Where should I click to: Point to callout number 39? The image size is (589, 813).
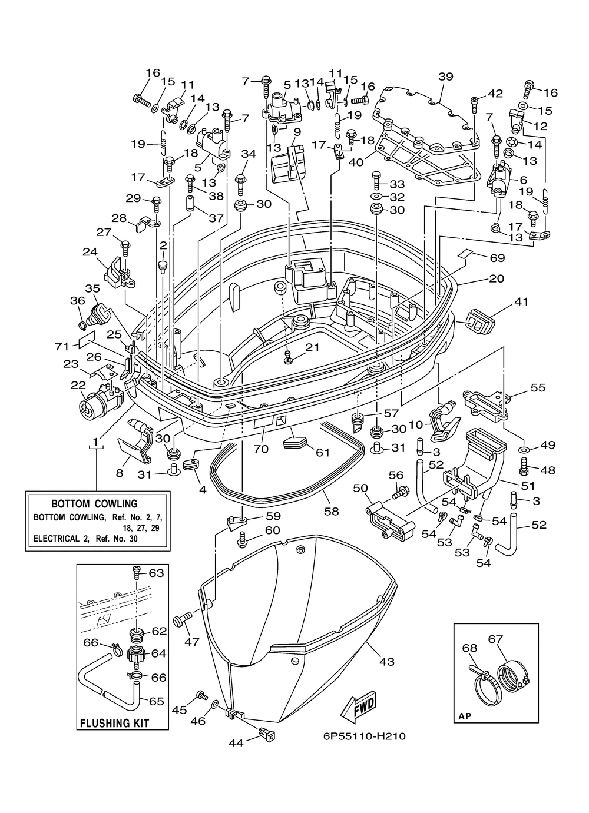pos(445,77)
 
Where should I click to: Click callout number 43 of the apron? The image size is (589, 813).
pos(387,662)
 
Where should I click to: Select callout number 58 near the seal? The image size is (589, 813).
pos(331,511)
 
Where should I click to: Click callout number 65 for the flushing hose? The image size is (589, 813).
pos(157,701)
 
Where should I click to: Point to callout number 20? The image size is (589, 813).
pos(497,278)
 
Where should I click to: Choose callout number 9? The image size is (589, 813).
pos(297,131)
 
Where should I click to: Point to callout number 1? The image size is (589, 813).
pos(95,442)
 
